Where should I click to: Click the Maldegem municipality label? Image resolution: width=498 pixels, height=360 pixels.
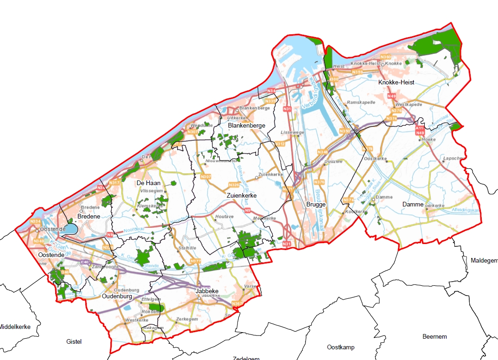[484, 260]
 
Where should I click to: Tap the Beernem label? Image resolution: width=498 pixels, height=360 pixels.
[434, 336]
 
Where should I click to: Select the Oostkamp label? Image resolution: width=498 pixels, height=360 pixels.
[341, 347]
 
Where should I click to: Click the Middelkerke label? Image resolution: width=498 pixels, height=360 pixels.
[15, 327]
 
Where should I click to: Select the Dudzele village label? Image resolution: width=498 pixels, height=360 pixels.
[333, 161]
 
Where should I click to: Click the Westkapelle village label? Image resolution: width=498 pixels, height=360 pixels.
[409, 104]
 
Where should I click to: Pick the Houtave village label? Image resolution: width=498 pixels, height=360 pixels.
[224, 217]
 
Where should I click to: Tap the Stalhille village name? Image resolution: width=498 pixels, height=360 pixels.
[187, 248]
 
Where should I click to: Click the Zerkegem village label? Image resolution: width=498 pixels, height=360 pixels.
[187, 320]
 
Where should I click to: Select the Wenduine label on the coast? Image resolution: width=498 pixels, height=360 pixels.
[200, 125]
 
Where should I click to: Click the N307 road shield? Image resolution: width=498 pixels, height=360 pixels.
[206, 177]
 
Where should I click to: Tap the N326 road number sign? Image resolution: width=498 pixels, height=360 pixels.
[232, 185]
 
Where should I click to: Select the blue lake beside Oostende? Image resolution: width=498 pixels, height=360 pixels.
[70, 229]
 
